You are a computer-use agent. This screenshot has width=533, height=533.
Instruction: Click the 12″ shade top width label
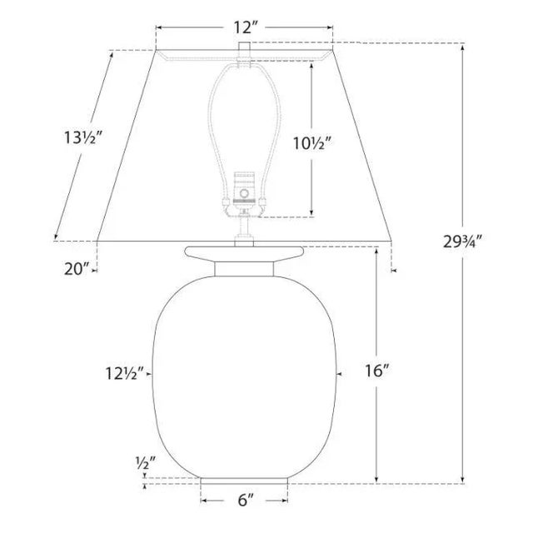244,27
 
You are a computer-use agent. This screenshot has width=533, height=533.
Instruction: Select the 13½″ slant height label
83,137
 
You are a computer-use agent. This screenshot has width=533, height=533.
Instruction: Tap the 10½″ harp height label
312,143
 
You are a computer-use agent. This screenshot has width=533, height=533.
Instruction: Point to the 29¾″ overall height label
463,242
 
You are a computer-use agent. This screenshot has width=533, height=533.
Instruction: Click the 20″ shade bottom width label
77,270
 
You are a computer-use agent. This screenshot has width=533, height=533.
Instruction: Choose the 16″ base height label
377,371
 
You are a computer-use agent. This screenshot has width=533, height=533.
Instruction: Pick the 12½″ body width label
125,374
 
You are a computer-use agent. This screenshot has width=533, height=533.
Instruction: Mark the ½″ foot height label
146,463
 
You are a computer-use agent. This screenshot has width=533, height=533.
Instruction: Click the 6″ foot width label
246,500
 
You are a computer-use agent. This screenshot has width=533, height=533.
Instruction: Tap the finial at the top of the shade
244,47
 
